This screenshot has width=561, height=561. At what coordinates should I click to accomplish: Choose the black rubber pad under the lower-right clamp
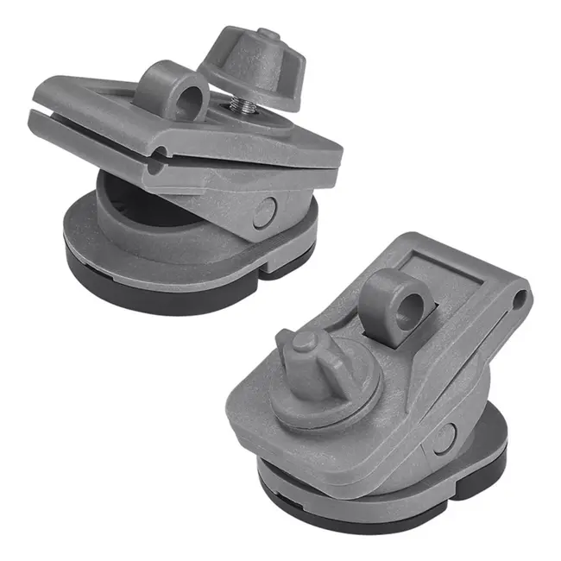click(380, 509)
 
